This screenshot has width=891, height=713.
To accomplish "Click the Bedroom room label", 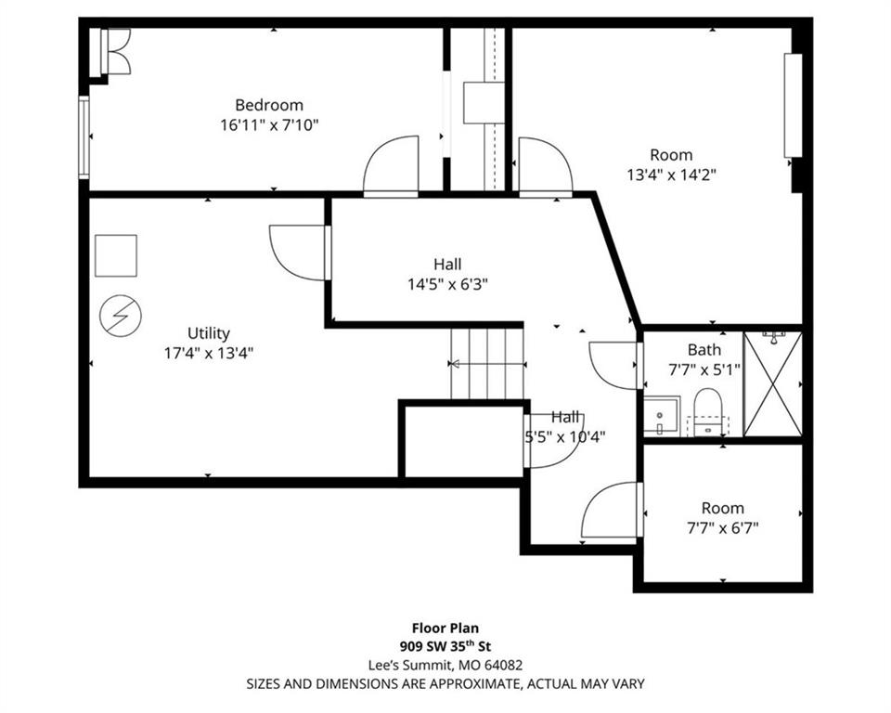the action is click(269, 105).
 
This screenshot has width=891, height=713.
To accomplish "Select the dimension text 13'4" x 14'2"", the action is click(671, 175).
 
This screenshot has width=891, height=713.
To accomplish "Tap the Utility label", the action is click(209, 333).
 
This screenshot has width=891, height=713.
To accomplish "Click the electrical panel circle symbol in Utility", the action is click(121, 317).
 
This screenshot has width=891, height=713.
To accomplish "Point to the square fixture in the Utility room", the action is click(116, 255).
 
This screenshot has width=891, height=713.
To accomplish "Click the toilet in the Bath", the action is click(707, 411).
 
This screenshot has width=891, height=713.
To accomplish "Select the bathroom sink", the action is click(662, 416).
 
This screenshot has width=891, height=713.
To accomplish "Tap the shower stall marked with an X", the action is click(773, 384).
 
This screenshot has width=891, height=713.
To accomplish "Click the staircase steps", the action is click(487, 364).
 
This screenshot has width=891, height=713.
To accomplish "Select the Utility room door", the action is click(300, 253).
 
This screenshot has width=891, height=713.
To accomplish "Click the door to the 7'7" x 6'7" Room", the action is click(612, 510).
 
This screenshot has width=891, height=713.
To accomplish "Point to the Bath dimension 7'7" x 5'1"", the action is click(704, 370).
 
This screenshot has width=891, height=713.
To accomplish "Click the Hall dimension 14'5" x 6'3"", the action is click(447, 284).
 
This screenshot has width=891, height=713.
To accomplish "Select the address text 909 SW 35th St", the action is click(445, 646).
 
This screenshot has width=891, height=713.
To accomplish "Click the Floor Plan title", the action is click(445, 629).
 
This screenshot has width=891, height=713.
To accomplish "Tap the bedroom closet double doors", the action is click(117, 51).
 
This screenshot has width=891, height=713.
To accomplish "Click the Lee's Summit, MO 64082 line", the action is click(445, 665).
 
